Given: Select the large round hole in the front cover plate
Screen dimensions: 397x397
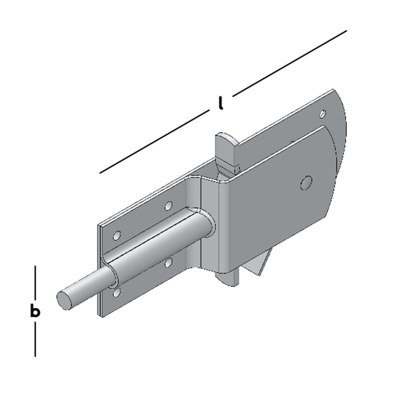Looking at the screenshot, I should click(306, 183).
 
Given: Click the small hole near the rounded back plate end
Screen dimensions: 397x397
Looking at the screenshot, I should click(323, 114).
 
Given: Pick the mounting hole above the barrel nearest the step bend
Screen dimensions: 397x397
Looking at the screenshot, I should click(169, 206).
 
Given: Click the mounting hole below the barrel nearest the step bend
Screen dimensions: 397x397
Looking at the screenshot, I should click(168, 262).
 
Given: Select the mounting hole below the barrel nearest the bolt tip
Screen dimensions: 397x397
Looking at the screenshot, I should click(116, 293).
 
